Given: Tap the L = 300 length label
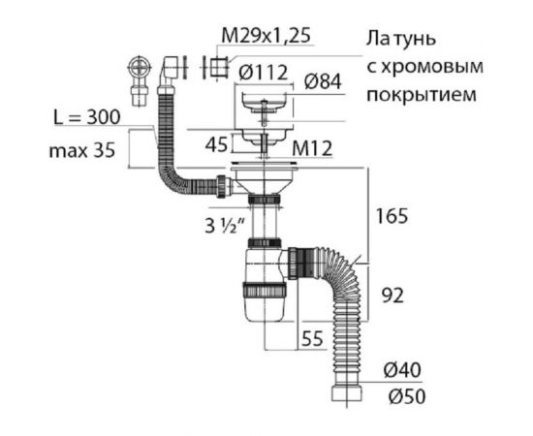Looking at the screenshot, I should tap(88, 118).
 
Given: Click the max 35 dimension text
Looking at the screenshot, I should tap(85, 152).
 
